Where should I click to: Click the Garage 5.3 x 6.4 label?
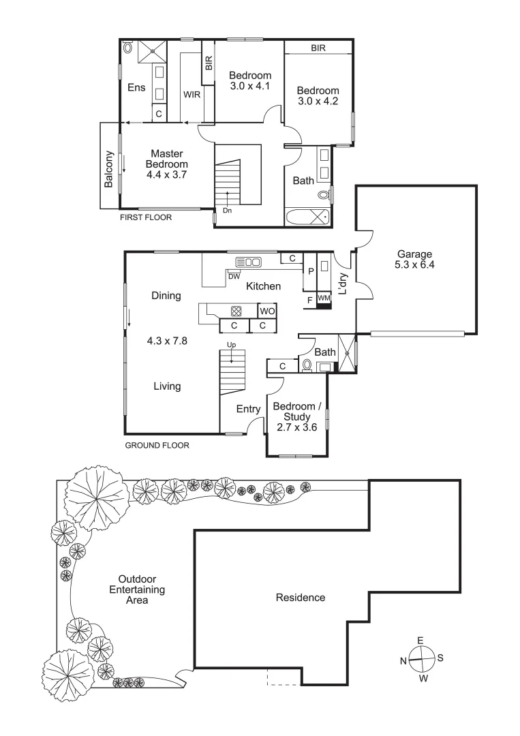coord(415,260)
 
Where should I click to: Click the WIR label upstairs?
coord(192,95)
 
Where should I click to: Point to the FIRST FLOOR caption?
coord(146,218)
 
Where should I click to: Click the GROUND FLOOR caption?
coord(157,445)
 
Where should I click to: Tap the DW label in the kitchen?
coord(234,276)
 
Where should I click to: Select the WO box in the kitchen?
coord(266,311)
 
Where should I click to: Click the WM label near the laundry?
coord(324,298)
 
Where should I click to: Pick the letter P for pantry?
coord(310,271)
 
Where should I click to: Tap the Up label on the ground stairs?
coord(231,346)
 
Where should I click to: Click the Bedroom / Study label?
coord(292,416)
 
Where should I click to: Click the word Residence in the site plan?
coord(300,598)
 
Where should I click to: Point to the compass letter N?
coord(404,660)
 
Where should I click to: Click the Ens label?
coord(136,87)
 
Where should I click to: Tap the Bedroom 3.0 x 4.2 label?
coord(318,96)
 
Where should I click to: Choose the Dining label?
coord(166,296)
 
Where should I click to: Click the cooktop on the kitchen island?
coord(236,311)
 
